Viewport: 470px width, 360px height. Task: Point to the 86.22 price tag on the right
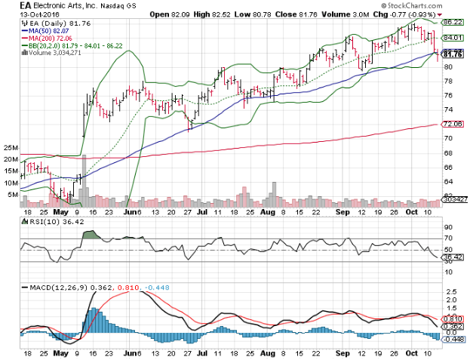pos(453,23)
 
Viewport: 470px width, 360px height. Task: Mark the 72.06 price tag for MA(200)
pos(453,124)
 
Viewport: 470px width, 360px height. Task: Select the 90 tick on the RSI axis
pos(447,227)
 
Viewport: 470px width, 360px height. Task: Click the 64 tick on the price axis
pos(447,181)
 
